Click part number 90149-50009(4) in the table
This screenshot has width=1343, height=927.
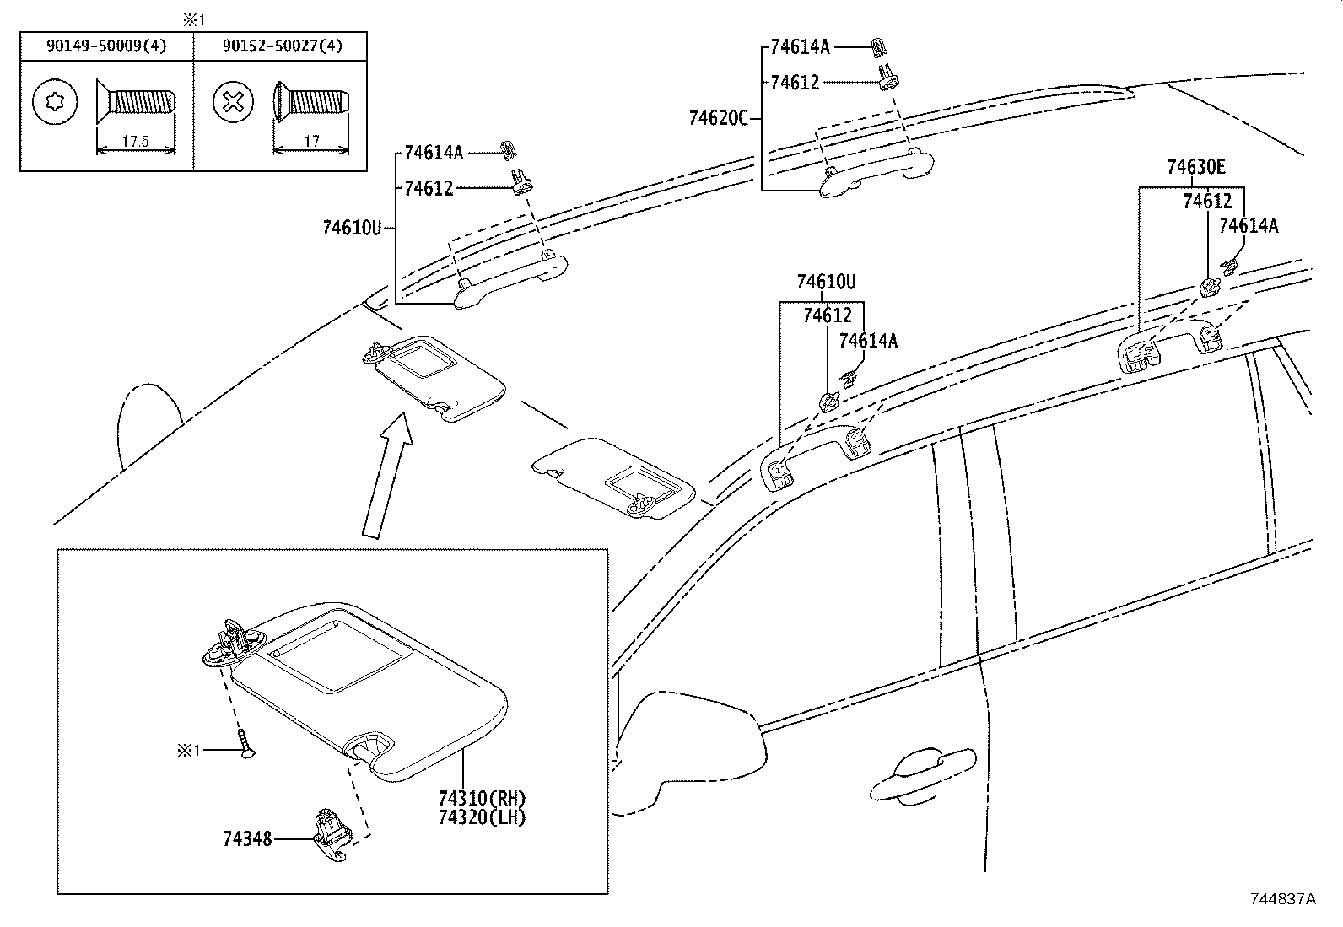tap(106, 46)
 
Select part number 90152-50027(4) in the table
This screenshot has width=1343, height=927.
tap(283, 46)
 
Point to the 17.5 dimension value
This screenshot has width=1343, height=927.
tap(135, 142)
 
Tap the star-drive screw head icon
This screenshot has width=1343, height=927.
tap(56, 104)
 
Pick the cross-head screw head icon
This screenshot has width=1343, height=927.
tap(234, 104)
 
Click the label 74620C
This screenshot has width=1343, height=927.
tap(718, 119)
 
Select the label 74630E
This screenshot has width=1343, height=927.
tap(1196, 168)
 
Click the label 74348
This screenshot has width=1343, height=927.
tap(247, 839)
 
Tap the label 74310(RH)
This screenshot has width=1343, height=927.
tap(482, 798)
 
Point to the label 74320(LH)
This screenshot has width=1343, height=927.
tap(482, 817)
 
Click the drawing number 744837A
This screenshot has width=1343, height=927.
tap(1282, 899)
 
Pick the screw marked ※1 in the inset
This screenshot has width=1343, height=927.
tap(245, 746)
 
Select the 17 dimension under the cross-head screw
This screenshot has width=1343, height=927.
tap(312, 142)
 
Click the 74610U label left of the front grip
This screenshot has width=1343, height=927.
tap(352, 227)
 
